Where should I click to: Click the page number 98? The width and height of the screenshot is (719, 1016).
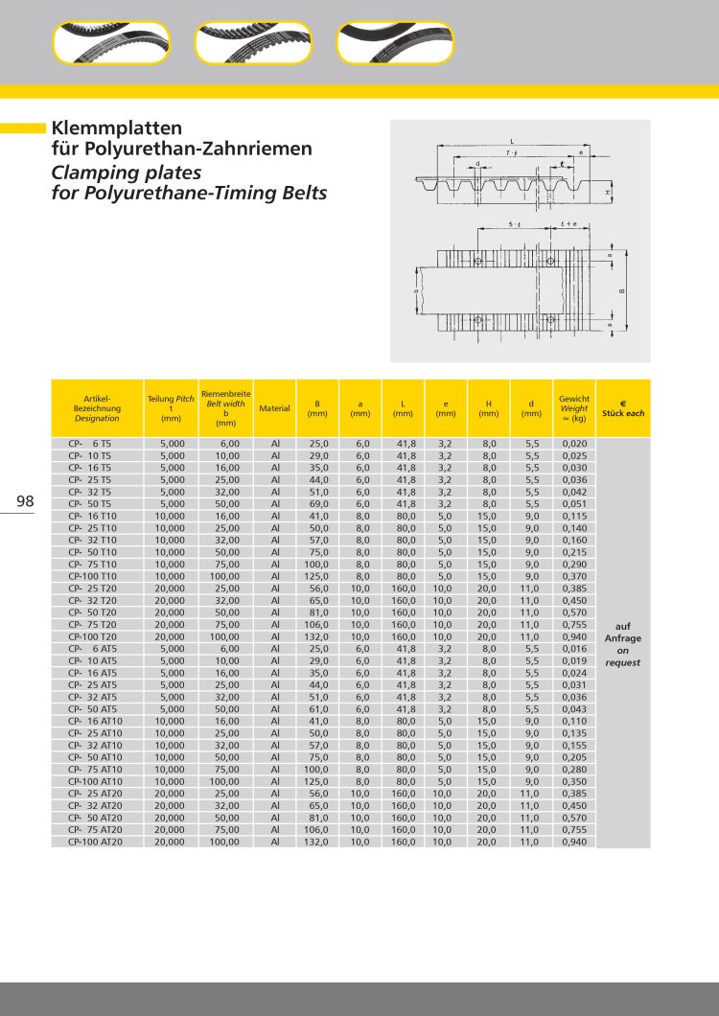pyautogui.click(x=25, y=501)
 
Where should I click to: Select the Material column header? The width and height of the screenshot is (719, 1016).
pyautogui.click(x=274, y=408)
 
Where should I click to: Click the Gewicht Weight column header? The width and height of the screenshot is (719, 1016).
pyautogui.click(x=574, y=408)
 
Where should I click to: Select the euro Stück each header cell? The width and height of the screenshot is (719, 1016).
pyautogui.click(x=623, y=408)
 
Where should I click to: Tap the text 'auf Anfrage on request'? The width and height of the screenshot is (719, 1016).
pyautogui.click(x=623, y=642)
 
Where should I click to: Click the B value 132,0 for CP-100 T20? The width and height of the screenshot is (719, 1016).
pyautogui.click(x=317, y=636)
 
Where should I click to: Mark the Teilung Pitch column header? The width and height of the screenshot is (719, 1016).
pyautogui.click(x=171, y=408)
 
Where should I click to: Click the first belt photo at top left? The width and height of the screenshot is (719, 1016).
pyautogui.click(x=111, y=43)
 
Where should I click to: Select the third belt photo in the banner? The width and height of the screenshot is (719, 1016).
pyautogui.click(x=395, y=43)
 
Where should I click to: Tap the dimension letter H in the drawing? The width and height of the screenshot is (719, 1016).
pyautogui.click(x=608, y=193)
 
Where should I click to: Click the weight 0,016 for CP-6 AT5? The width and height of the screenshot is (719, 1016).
pyautogui.click(x=574, y=649)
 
